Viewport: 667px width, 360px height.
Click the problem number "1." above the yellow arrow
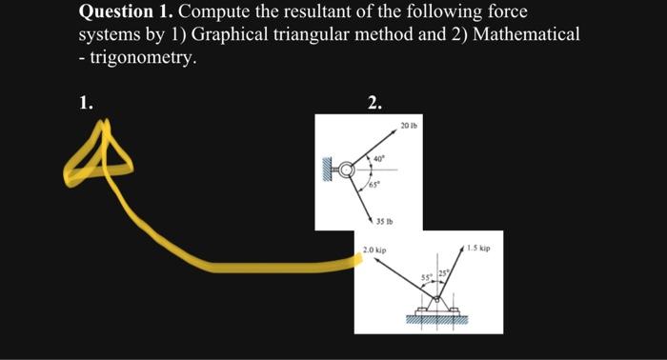[87, 104]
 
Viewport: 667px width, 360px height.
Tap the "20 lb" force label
[410, 125]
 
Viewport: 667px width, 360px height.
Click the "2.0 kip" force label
[373, 250]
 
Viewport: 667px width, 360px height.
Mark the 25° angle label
[443, 276]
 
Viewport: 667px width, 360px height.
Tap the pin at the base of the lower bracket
[437, 304]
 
